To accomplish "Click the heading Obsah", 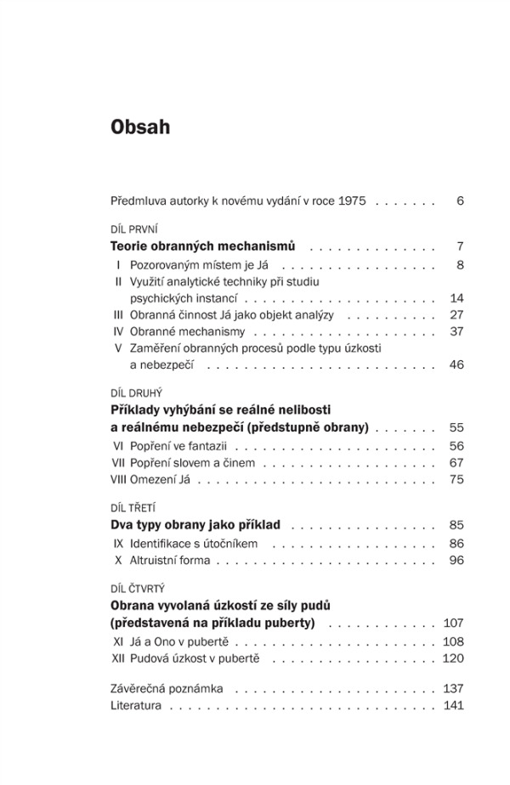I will (x=140, y=127).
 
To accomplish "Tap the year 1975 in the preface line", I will (x=352, y=201).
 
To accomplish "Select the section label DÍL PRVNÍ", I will (x=134, y=229).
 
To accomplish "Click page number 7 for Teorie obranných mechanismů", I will (x=459, y=246).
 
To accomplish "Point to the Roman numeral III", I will (x=118, y=314).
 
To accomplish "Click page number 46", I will (x=456, y=364).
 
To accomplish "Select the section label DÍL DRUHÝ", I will (x=136, y=393).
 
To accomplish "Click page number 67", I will (x=456, y=463).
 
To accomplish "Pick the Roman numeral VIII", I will (x=118, y=480).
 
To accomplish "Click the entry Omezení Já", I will (x=159, y=480).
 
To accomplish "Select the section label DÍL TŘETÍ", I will (x=133, y=508).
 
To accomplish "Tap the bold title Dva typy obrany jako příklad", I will (x=195, y=525).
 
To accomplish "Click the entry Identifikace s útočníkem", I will (x=194, y=543).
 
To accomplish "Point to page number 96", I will (x=456, y=560).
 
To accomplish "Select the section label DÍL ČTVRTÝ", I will (x=138, y=588).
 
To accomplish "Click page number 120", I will (x=453, y=658).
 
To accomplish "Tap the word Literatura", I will (x=136, y=705).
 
